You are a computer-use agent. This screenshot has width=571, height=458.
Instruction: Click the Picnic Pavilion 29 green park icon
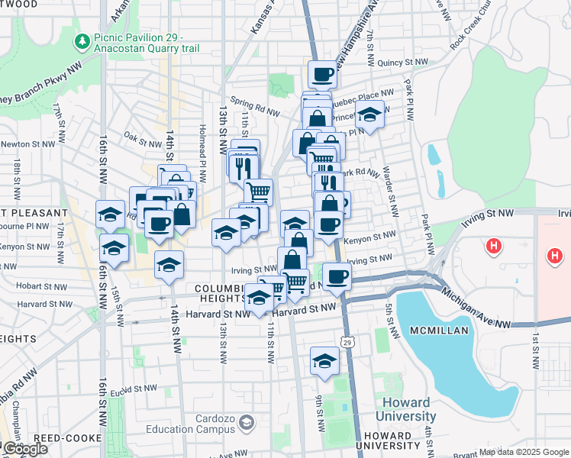tap(81, 40)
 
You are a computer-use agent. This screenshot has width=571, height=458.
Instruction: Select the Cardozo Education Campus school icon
tap(247, 421)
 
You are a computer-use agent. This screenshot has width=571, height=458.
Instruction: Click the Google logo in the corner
tap(24, 449)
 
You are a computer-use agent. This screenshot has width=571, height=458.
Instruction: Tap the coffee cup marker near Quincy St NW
tap(322, 74)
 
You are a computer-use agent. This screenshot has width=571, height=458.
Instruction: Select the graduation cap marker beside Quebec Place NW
tap(369, 116)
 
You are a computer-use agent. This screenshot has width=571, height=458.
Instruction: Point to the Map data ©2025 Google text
tap(523, 452)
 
